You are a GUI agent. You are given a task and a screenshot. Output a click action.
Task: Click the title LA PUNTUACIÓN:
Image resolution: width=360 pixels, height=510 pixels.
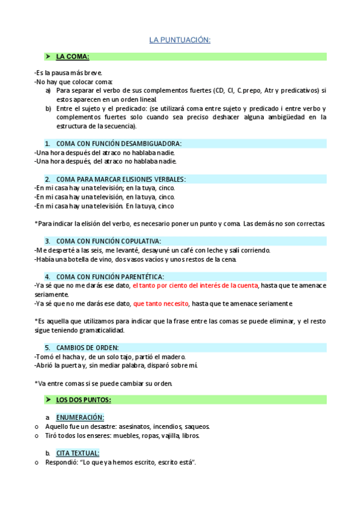coord(180,40)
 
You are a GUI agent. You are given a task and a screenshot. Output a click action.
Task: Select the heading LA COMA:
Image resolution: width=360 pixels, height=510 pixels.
coord(72,57)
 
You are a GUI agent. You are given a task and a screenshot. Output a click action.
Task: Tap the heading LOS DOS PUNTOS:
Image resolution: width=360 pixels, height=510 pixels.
coord(84,400)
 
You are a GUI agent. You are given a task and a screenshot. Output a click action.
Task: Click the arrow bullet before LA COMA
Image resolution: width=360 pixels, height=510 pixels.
coord(47,57)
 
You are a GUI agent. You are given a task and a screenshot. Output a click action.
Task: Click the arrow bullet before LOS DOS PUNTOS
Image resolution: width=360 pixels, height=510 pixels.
coord(47,400)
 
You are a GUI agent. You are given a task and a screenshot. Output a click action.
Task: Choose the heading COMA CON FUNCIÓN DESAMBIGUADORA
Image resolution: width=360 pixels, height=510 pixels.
coord(118,144)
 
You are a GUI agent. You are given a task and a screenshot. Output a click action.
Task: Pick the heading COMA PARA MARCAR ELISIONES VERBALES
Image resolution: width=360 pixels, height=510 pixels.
coord(121,179)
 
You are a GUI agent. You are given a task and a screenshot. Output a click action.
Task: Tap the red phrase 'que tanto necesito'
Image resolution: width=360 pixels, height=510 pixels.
coord(161,304)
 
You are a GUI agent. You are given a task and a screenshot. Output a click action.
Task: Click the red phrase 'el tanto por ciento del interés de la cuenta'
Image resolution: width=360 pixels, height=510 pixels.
coord(195,286)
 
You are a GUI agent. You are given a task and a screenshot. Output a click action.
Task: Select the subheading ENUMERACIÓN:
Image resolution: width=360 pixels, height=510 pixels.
coord(80,417)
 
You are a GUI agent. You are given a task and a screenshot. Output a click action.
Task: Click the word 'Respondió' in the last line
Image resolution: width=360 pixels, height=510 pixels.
coord(60,462)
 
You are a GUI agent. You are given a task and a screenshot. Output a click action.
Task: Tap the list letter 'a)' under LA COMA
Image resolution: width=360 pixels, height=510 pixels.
coord(48,91)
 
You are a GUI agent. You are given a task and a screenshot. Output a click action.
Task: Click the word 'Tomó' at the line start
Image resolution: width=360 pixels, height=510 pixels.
coord(44,357)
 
